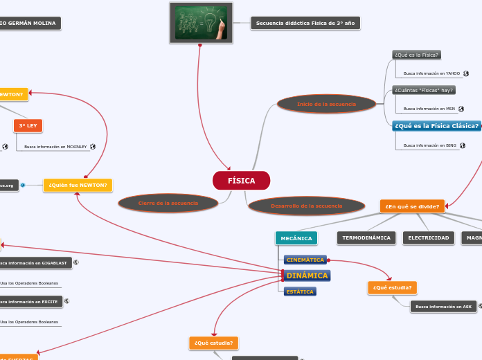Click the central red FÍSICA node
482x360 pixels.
pos(241,181)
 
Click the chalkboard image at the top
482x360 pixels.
pos(201,23)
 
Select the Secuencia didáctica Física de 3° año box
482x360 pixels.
pos(305,23)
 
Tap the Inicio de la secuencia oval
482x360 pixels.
pos(326,104)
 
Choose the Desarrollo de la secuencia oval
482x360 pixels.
pos(306,206)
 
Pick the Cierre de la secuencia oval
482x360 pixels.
pos(168,203)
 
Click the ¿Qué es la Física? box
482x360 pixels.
pos(416,55)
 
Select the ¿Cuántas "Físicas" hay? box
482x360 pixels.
pos(424,90)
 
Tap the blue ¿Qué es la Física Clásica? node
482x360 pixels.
pos(436,126)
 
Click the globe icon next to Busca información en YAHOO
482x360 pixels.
pos(466,73)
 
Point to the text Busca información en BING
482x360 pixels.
pos(429,145)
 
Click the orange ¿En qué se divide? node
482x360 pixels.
pos(412,206)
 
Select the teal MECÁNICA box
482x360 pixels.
pos(296,238)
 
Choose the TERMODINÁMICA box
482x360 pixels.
pos(366,238)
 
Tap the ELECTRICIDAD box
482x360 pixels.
pos(428,238)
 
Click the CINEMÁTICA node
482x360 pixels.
pos(305,260)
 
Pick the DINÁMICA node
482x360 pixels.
pos(307,276)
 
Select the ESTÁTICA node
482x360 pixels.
pos(300,291)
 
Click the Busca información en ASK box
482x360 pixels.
pos(443,306)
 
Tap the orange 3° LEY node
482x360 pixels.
pos(28,125)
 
